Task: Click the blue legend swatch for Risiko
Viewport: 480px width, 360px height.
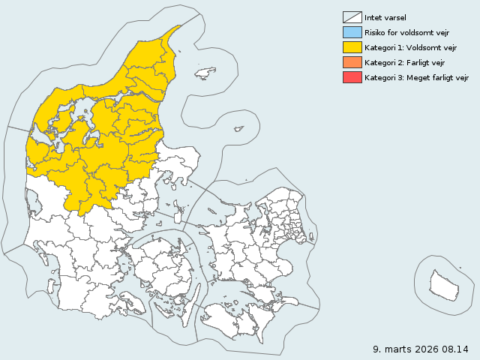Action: click(351, 32)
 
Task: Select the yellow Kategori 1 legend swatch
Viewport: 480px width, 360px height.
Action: click(351, 47)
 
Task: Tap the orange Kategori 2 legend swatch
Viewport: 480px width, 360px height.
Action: click(351, 62)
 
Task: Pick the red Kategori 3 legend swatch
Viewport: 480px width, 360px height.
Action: click(351, 77)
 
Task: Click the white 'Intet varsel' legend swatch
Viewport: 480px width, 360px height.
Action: click(351, 17)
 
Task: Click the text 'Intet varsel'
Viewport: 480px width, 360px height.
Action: click(385, 17)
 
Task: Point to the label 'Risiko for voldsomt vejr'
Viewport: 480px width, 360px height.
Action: click(406, 32)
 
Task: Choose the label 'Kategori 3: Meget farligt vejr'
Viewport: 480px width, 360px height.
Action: click(416, 77)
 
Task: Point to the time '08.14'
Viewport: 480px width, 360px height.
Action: click(456, 349)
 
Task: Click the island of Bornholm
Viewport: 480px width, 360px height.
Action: click(444, 284)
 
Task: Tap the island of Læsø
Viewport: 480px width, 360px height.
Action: click(205, 73)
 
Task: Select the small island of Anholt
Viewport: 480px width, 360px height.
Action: click(238, 128)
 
